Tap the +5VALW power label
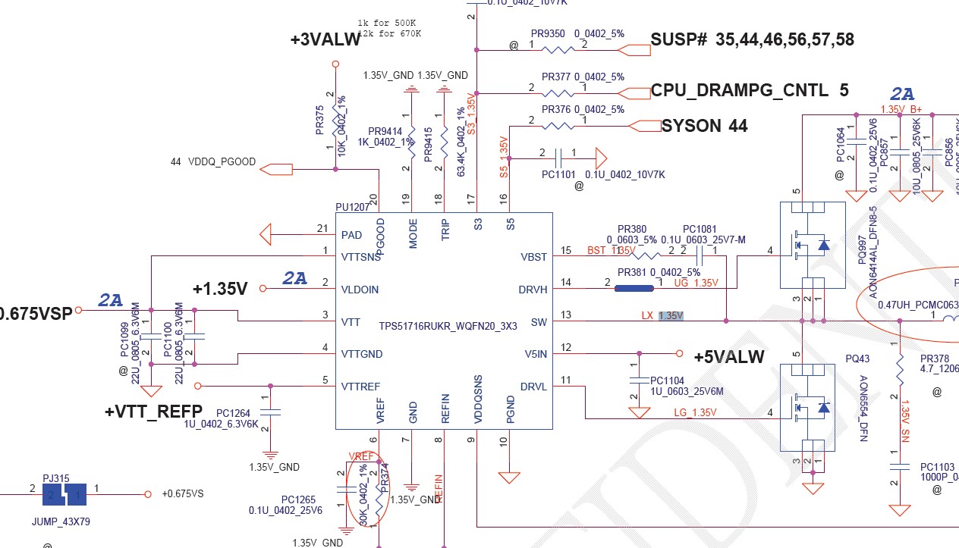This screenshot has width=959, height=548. pyautogui.click(x=729, y=357)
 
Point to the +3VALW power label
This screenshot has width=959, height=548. pyautogui.click(x=325, y=41)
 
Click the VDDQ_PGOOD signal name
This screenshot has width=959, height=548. pyautogui.click(x=222, y=162)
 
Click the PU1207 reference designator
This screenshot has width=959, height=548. pyautogui.click(x=353, y=207)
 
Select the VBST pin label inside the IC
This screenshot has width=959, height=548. pyautogui.click(x=533, y=257)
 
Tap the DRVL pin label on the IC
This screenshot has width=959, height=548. pyautogui.click(x=533, y=386)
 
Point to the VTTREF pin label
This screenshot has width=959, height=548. pyautogui.click(x=361, y=386)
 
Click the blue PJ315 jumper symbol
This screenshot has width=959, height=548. pyautogui.click(x=66, y=496)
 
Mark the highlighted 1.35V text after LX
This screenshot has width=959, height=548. pyautogui.click(x=671, y=315)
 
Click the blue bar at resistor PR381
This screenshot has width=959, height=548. pyautogui.click(x=634, y=288)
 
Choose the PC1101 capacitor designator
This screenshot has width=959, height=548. pyautogui.click(x=560, y=174)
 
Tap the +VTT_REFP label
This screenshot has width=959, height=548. pyautogui.click(x=153, y=412)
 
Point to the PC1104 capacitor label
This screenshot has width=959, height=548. pyautogui.click(x=667, y=380)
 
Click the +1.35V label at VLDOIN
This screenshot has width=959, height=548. pyautogui.click(x=220, y=289)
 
